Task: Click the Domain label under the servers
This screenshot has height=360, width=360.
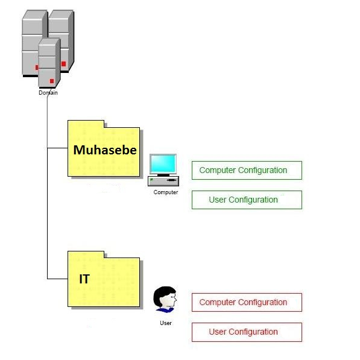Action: coord(48,93)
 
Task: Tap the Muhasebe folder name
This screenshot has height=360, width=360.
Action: coord(105,150)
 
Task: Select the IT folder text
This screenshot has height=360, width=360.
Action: coord(84,279)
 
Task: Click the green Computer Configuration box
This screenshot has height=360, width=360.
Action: coord(247,171)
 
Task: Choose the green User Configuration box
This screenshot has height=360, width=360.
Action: coord(247,200)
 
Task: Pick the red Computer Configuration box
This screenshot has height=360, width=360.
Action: coord(247,302)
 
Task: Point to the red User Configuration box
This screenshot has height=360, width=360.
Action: coord(247,332)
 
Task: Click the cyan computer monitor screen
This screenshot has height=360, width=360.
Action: coord(163,163)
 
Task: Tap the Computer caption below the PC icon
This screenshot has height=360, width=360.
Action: coord(166,192)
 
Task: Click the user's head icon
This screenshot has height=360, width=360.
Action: coord(165,297)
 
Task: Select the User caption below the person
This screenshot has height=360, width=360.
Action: coord(166,323)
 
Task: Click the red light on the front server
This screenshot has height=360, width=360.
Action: coord(52,81)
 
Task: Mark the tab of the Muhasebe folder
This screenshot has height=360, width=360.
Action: coord(86,124)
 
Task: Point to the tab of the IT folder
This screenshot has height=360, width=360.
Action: coord(86,254)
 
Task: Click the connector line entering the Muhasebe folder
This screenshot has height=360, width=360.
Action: coord(57,148)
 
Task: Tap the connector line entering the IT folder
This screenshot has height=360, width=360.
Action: coord(57,279)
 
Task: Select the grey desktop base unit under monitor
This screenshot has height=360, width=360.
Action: coord(163,181)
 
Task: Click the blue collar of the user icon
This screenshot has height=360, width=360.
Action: coord(165,310)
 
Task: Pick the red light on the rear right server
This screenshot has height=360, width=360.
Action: coord(63,64)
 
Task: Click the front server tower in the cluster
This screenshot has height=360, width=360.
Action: coord(49,63)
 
